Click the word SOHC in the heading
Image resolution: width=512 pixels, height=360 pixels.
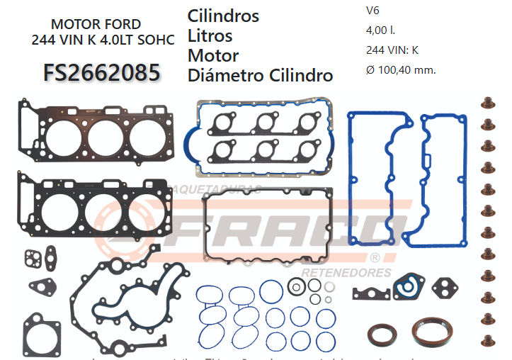(155, 40)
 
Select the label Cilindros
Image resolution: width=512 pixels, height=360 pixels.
(223, 16)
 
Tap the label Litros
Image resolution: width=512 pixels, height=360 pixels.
(210, 35)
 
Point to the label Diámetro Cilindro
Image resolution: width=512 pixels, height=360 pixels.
(261, 75)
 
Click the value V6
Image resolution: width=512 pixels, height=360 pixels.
(372, 11)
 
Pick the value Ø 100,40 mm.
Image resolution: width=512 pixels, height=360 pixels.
(401, 69)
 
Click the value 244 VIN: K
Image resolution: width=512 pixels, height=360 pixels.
(392, 50)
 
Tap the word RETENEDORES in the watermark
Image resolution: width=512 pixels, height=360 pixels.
(346, 272)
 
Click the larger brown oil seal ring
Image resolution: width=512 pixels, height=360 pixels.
(433, 334)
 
